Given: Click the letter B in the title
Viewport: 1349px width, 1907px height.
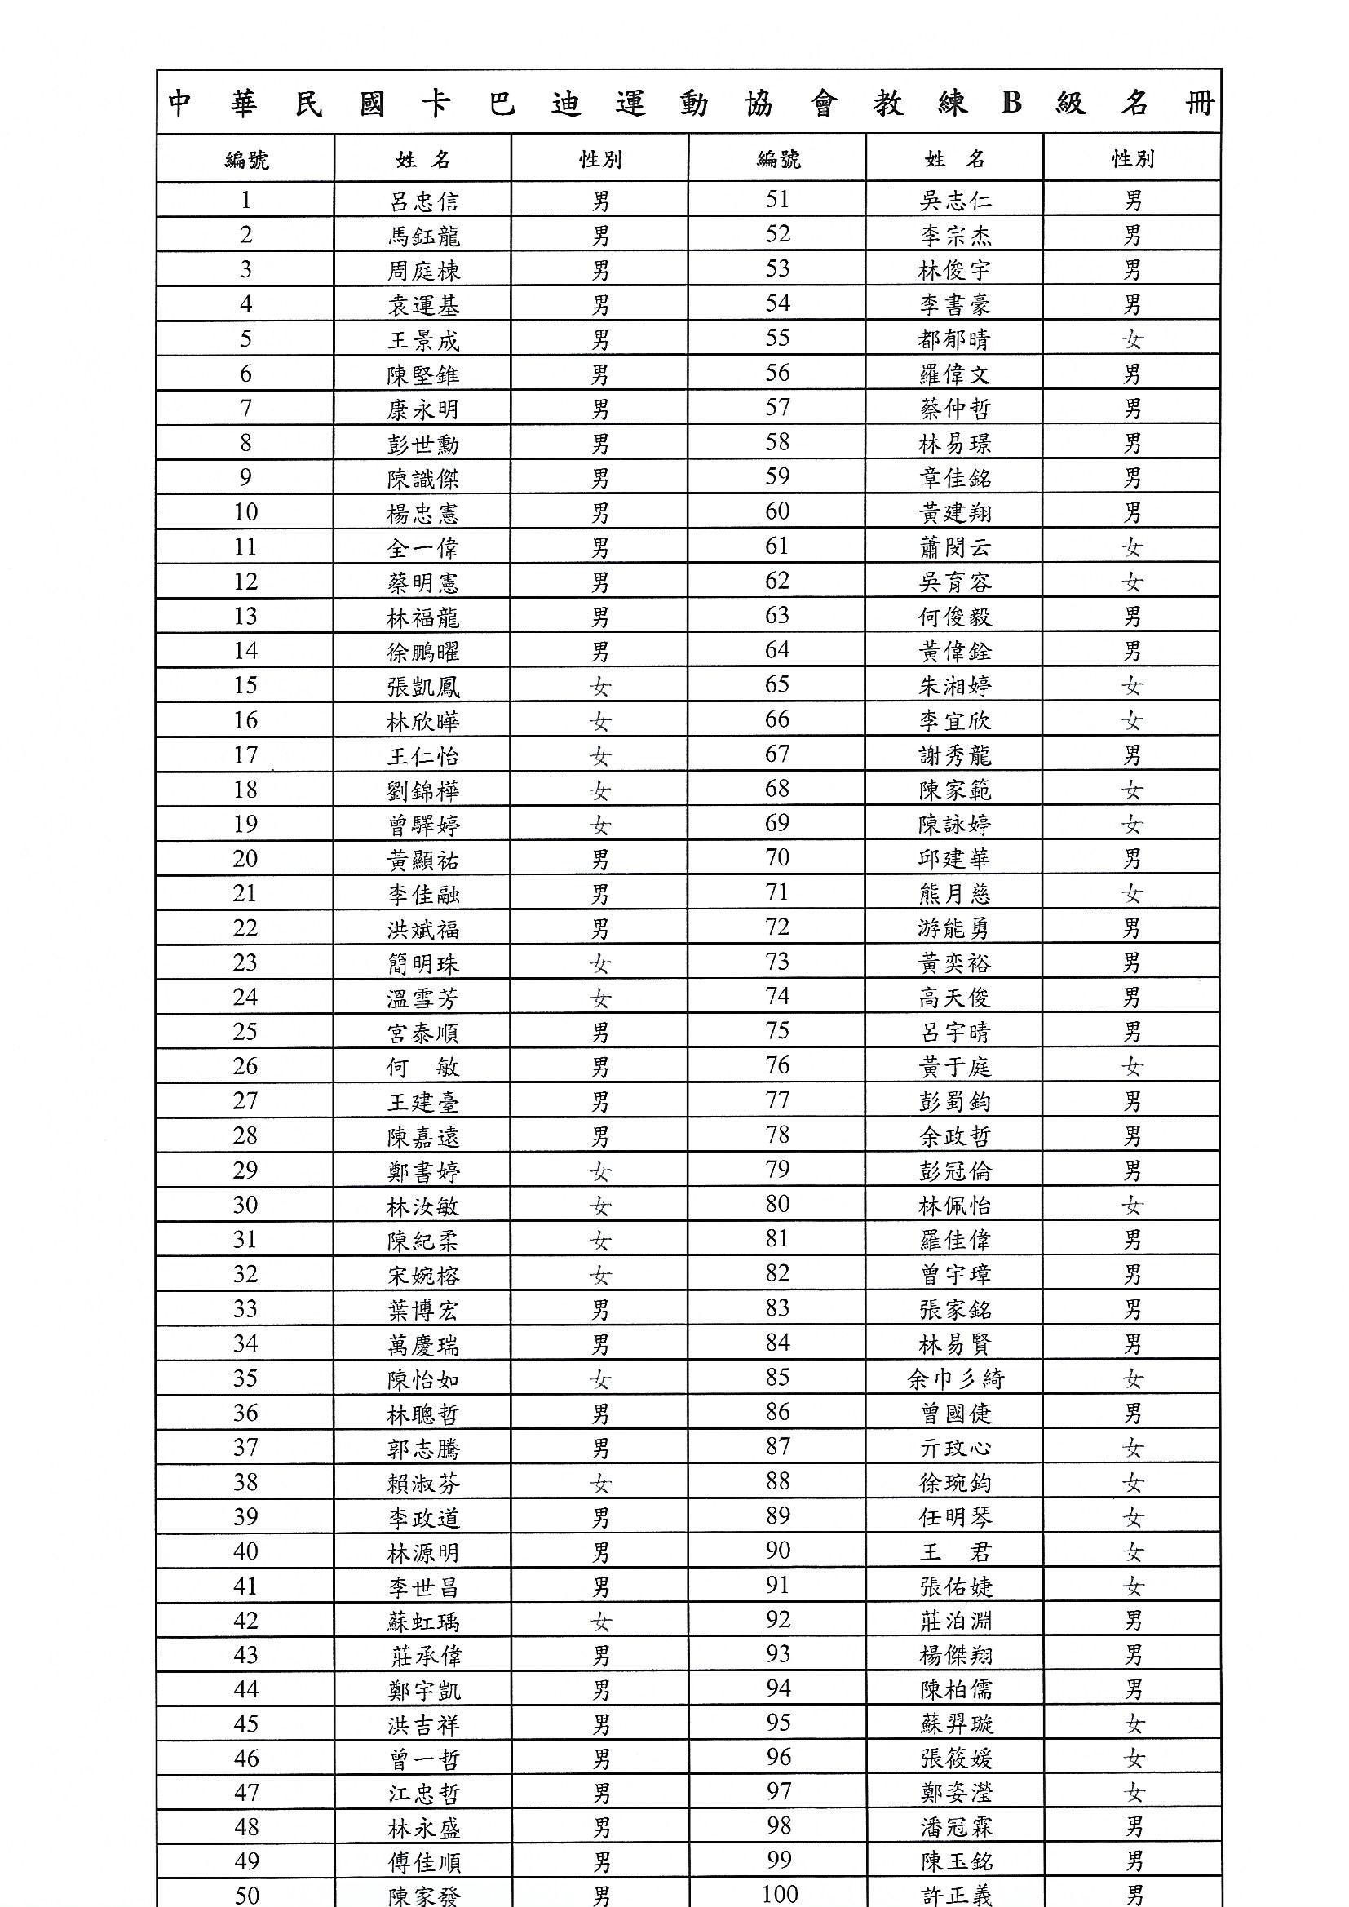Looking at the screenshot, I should [1011, 103].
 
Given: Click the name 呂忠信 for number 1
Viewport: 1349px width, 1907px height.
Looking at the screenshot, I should [422, 201].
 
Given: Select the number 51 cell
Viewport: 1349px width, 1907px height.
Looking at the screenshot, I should [777, 200].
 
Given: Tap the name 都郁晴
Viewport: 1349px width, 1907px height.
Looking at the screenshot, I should [954, 338].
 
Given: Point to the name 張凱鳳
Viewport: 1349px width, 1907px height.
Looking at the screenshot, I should [422, 687].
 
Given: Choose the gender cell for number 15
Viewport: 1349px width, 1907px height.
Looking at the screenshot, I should [599, 687].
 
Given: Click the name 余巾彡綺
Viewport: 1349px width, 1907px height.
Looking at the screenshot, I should [955, 1379].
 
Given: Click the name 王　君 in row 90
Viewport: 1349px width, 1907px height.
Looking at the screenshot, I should [955, 1552].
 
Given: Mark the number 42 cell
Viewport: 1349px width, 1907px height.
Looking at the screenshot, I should [245, 1621].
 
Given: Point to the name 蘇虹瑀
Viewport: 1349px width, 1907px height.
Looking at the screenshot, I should [422, 1622].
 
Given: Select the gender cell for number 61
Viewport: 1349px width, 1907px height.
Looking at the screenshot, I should [1132, 547].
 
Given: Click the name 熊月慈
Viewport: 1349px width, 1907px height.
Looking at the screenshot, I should [954, 894].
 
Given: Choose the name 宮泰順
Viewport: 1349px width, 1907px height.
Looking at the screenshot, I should [422, 1033].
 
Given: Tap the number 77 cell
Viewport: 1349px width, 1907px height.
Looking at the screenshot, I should [777, 1100].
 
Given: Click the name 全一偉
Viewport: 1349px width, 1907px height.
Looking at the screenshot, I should [422, 548].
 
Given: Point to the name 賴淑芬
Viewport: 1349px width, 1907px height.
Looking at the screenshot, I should [422, 1484].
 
